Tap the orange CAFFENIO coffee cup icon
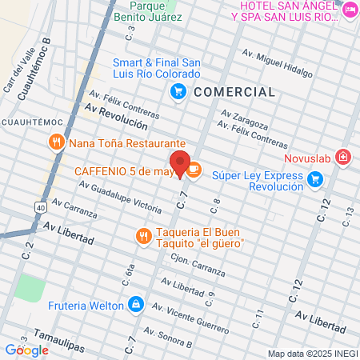(194, 170)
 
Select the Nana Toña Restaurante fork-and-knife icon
(56, 143)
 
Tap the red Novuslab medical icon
(343, 156)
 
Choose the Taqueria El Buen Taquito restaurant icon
(142, 236)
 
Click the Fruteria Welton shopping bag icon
(137, 305)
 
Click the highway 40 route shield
(40, 207)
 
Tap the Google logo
(27, 350)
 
